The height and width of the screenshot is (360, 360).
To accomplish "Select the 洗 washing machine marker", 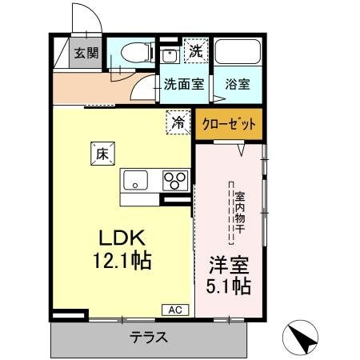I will pos(194,50).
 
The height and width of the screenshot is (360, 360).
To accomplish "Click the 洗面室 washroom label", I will pos(182,82).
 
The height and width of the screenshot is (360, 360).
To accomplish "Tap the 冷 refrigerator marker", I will pos(178,122).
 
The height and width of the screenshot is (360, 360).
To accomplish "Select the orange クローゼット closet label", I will pos(229,124).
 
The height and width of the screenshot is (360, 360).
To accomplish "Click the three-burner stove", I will pos(176,180).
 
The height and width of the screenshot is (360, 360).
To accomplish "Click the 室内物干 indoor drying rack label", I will pos(237,213).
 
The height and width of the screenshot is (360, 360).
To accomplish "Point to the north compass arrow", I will pos(304,338).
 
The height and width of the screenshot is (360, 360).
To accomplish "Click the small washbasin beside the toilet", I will pos(170,56).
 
